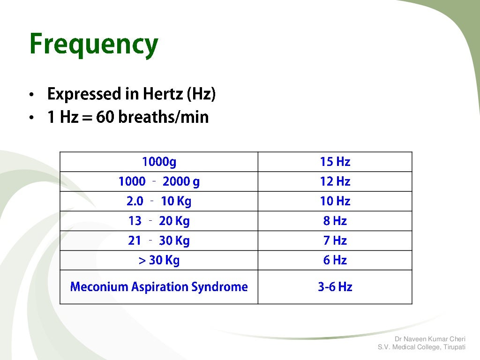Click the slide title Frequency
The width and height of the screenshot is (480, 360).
click(x=94, y=45)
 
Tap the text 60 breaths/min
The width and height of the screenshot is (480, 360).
click(x=152, y=117)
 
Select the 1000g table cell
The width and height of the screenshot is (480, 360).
click(x=159, y=162)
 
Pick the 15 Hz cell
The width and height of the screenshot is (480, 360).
click(x=335, y=162)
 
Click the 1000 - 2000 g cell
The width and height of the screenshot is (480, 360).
click(x=159, y=182)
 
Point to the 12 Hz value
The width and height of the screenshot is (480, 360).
click(x=335, y=182)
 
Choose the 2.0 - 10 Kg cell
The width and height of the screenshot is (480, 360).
click(x=159, y=202)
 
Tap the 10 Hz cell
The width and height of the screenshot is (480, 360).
click(x=335, y=202)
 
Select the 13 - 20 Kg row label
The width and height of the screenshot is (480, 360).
click(x=159, y=221)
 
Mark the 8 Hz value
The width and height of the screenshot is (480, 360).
click(x=335, y=221)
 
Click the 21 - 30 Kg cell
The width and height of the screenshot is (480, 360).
click(x=159, y=241)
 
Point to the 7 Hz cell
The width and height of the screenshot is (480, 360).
click(x=335, y=241)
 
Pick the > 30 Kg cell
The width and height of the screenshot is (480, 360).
click(x=159, y=261)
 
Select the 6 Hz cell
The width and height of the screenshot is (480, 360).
click(x=335, y=261)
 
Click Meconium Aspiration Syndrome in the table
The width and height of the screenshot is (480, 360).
click(x=159, y=287)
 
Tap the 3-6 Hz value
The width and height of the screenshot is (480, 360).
click(x=335, y=287)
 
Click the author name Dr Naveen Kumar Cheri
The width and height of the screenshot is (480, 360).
click(x=430, y=339)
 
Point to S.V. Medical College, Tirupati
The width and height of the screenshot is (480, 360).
click(x=421, y=347)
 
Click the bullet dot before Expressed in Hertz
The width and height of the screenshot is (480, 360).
click(x=31, y=95)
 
